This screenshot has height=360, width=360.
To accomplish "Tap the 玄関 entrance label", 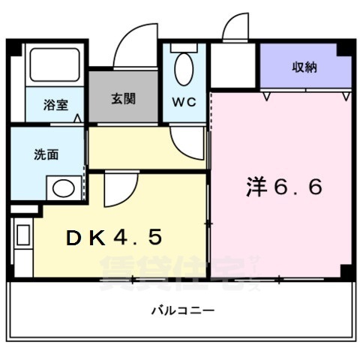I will (x=124, y=98).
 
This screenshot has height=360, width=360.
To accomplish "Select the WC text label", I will (x=184, y=101).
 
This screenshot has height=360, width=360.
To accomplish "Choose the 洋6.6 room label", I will (x=284, y=187).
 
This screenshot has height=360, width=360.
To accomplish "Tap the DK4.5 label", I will (x=114, y=238).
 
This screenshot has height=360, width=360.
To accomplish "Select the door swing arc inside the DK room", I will (x=120, y=189).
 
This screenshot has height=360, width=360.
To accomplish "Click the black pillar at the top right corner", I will (x=344, y=49).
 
